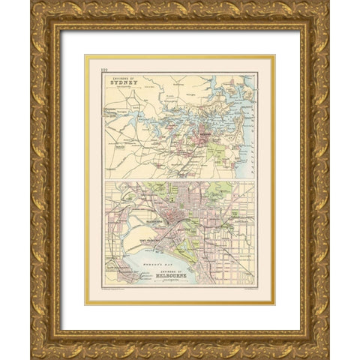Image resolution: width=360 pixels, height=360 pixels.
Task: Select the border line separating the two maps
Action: click(180, 181)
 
